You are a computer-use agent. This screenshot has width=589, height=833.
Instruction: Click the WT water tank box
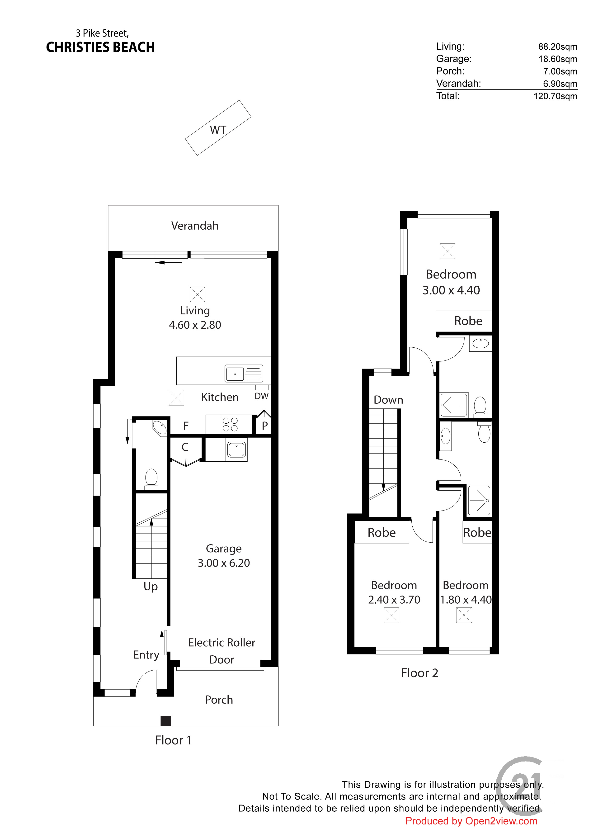tap(218, 128)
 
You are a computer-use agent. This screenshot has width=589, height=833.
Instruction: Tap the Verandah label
tap(195, 226)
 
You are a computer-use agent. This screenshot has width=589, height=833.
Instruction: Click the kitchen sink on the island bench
tap(244, 373)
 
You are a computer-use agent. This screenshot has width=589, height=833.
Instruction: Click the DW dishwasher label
tap(261, 396)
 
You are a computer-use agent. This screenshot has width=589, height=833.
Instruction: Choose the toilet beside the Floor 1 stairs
tap(151, 479)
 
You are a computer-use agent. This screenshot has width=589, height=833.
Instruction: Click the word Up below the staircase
tap(151, 587)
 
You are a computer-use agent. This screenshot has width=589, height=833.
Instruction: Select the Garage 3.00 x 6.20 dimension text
tap(224, 563)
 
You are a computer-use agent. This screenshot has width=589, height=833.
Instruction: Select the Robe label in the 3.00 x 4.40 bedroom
tap(468, 321)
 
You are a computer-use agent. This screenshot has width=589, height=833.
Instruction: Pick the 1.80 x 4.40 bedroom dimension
tap(466, 600)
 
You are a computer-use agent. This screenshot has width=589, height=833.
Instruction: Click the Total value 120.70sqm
tap(555, 96)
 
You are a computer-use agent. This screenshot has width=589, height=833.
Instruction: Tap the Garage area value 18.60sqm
tap(558, 59)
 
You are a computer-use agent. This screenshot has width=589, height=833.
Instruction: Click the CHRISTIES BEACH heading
tap(100, 47)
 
